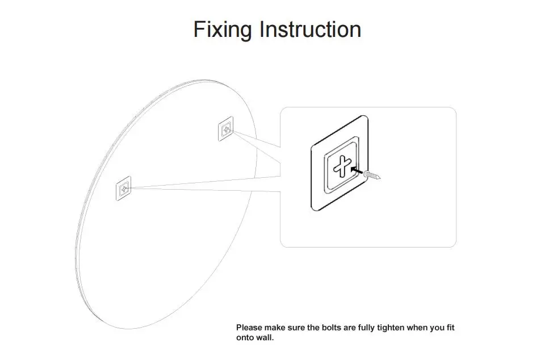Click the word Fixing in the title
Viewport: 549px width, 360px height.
[223, 30]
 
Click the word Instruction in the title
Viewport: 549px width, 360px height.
[310, 30]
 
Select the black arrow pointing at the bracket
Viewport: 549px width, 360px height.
[357, 169]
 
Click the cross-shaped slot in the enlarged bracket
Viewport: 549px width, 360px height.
[342, 166]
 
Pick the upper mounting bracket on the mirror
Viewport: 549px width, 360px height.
[226, 130]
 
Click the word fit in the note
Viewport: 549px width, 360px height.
[449, 328]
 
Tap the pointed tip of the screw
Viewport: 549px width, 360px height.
[379, 178]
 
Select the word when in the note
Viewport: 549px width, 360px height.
[416, 328]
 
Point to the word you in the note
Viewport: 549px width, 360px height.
[436, 328]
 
